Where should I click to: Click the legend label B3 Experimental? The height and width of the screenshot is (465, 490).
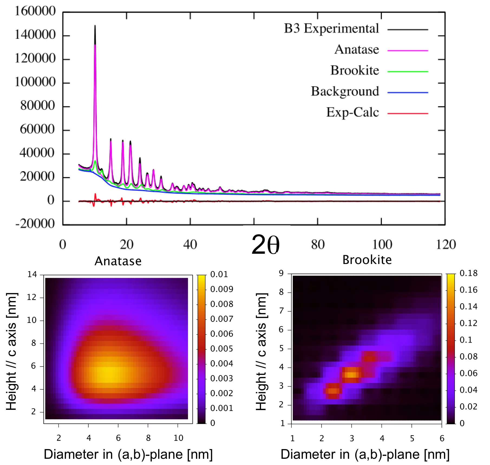(x=331, y=29)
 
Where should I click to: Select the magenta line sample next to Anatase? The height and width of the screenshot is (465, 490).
(x=407, y=51)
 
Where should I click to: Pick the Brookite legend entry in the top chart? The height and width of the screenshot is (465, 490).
(x=354, y=71)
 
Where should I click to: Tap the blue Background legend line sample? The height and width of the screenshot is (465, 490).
(x=407, y=93)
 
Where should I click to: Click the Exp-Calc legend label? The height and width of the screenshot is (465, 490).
(x=352, y=113)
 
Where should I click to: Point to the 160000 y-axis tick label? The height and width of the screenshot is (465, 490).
(x=35, y=11)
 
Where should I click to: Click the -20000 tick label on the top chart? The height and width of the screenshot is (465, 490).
(x=35, y=224)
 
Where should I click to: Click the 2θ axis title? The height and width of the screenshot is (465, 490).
(x=265, y=245)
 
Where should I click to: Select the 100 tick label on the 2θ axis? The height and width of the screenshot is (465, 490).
(x=382, y=245)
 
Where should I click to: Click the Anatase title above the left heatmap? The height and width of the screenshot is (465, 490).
(x=118, y=261)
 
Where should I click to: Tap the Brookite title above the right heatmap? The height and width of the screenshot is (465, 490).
(x=367, y=260)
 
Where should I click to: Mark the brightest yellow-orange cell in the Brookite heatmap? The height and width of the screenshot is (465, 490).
(x=352, y=375)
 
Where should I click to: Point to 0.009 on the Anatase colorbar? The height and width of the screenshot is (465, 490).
(x=221, y=289)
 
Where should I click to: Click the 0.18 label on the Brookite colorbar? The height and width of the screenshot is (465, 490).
(x=468, y=273)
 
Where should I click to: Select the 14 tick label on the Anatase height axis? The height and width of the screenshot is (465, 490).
(x=32, y=275)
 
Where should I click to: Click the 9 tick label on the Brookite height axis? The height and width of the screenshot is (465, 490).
(x=281, y=273)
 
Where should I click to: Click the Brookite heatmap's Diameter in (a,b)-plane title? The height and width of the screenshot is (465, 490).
(x=365, y=454)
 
